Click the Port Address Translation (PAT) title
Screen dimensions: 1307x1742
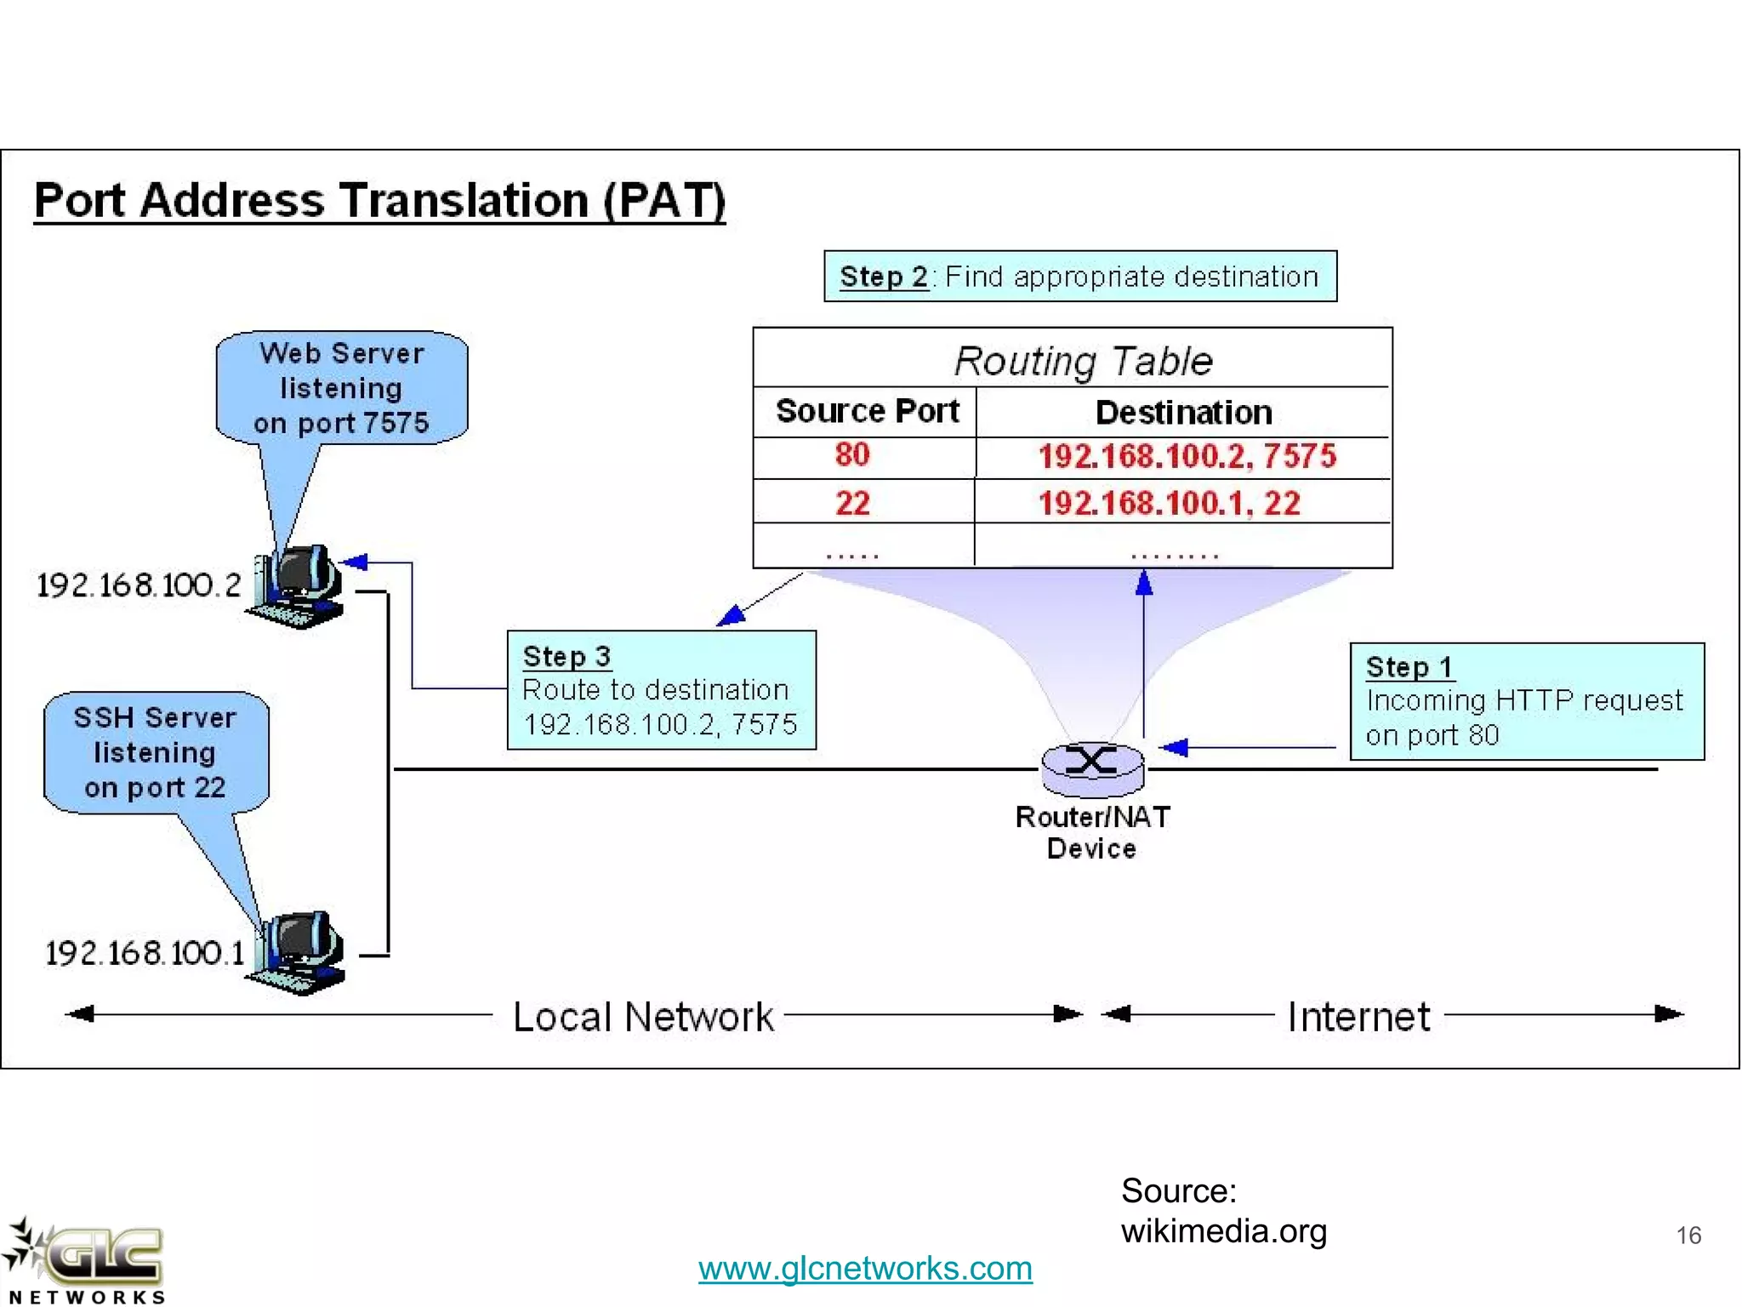[379, 201]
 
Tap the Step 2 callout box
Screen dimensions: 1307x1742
[1079, 277]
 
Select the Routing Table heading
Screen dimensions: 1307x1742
[1083, 361]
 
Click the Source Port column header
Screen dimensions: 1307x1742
[867, 412]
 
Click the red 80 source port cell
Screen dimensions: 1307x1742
[852, 455]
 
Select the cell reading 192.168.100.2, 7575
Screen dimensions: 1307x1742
[1187, 457]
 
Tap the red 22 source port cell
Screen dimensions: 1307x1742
[852, 503]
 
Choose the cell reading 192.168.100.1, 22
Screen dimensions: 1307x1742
[1170, 503]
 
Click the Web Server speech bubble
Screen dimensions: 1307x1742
[341, 388]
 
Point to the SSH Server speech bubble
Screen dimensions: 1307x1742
[155, 752]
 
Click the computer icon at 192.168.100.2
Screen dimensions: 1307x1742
[298, 587]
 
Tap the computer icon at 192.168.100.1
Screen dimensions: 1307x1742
[298, 953]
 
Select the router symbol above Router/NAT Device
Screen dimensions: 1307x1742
[1092, 765]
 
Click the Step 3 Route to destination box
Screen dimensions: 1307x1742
[661, 690]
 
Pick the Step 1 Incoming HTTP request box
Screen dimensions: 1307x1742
[1526, 701]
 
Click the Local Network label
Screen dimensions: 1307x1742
[643, 1017]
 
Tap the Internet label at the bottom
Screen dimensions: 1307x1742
[1358, 1017]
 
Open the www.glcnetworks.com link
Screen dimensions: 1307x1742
[865, 1268]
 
